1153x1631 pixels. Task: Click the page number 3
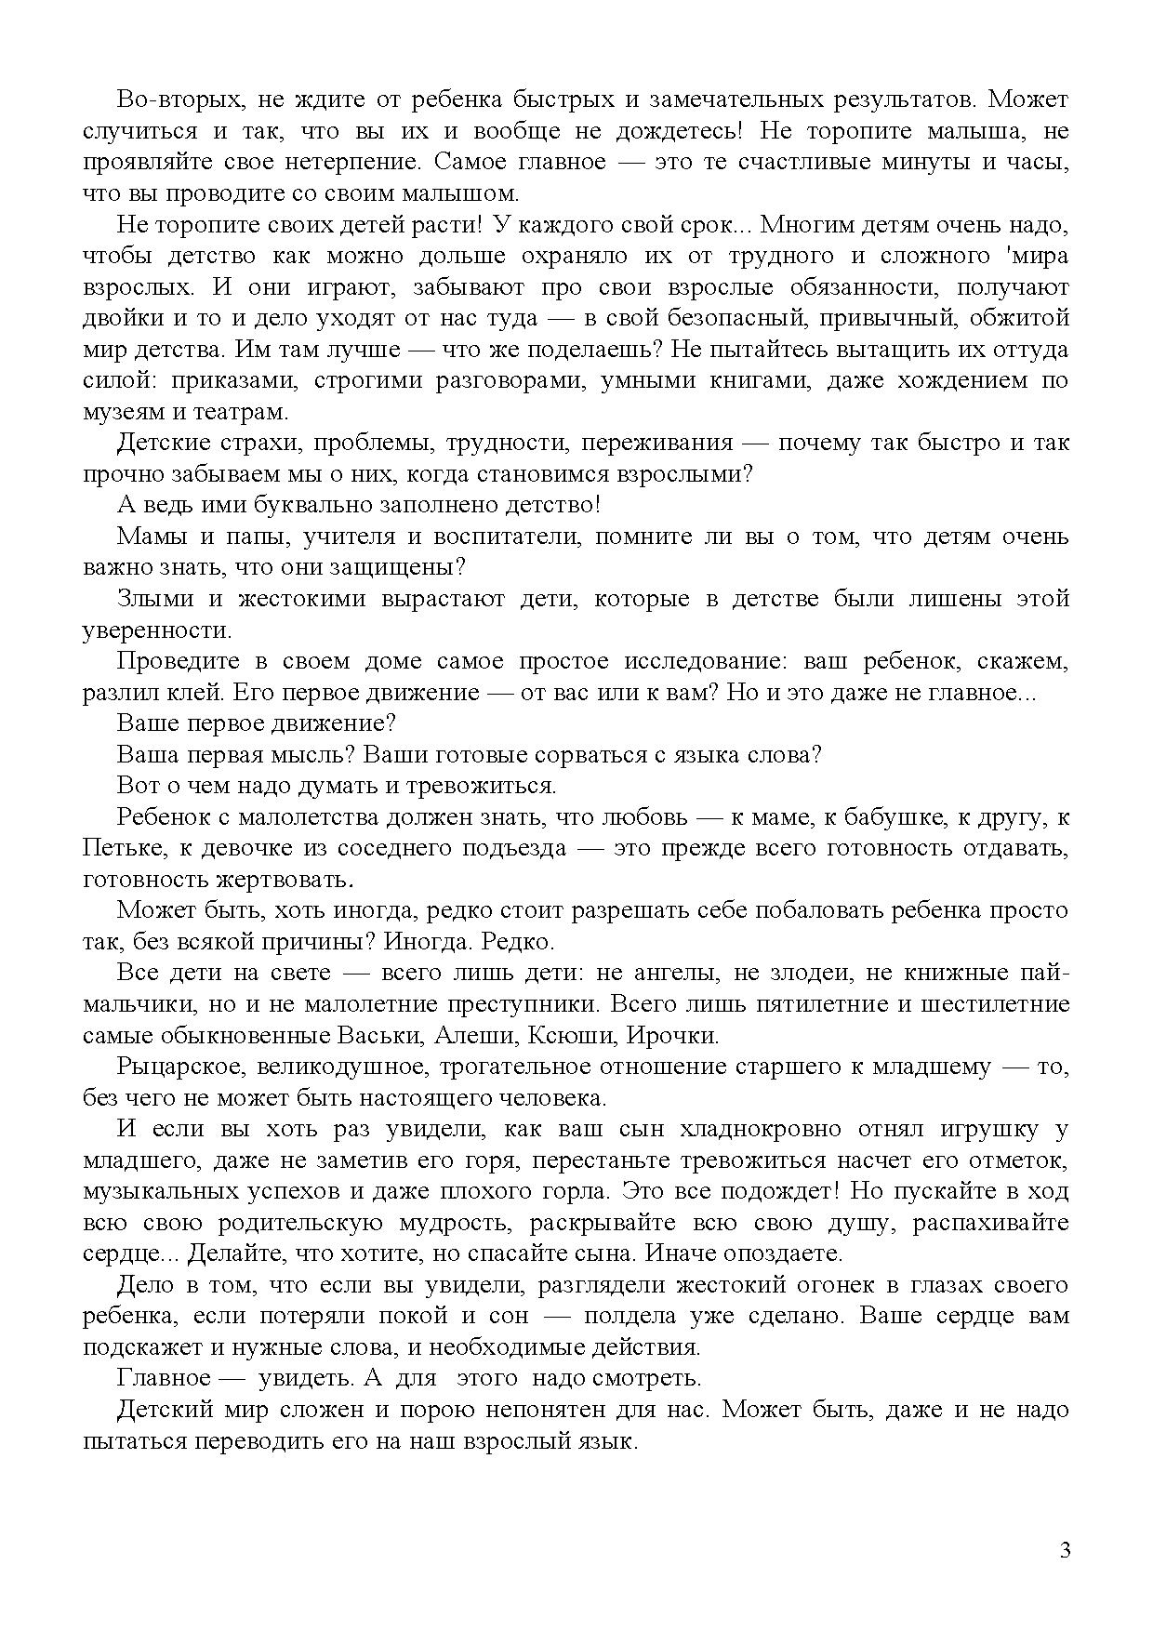coord(1065,1550)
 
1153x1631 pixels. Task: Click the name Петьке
coord(113,849)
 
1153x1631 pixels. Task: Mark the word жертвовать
coord(290,880)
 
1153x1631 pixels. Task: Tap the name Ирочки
coord(670,1035)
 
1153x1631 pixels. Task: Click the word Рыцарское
coord(174,1067)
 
